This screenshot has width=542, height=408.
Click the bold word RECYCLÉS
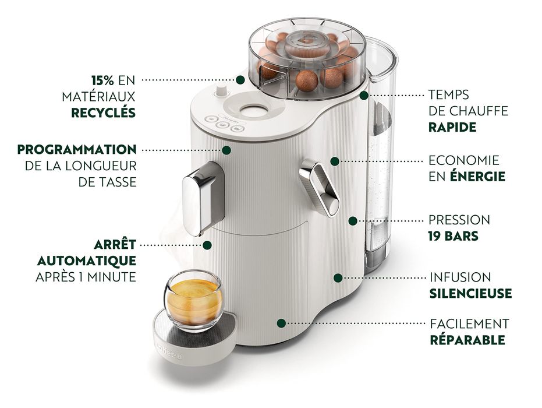[x=104, y=112]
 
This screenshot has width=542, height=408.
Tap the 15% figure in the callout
[x=103, y=79]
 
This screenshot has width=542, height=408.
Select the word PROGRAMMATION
[x=77, y=150]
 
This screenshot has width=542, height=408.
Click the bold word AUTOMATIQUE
[x=87, y=260]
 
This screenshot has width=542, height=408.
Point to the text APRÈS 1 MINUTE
[x=86, y=277]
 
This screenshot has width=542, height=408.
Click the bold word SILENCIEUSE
[x=470, y=293]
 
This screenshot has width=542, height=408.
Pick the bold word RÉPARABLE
[x=467, y=340]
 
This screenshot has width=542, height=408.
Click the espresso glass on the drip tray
[x=192, y=301]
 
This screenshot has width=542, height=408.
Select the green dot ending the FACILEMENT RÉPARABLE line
[x=281, y=323]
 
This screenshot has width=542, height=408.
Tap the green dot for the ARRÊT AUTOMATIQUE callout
[x=207, y=245]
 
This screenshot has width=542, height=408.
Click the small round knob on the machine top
[x=221, y=92]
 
